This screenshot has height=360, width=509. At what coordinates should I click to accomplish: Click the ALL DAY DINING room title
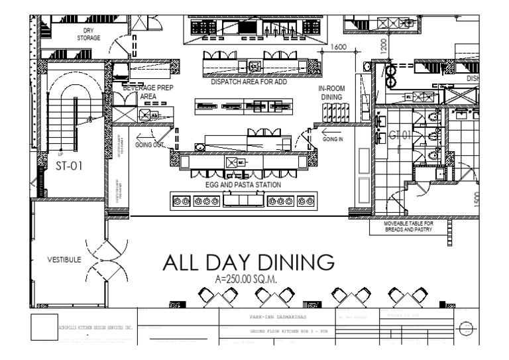point(249,263)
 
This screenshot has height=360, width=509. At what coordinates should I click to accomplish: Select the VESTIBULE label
point(64,259)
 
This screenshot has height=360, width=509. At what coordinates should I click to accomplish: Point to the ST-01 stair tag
point(69,166)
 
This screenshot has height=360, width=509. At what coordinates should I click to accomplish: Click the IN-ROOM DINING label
point(331,92)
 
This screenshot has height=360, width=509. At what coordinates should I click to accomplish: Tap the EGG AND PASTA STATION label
point(243,185)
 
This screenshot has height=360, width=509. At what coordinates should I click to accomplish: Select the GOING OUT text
point(150,145)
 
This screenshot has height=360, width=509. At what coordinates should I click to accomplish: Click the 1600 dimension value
point(339,47)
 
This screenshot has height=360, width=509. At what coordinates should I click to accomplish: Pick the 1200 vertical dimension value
point(382,45)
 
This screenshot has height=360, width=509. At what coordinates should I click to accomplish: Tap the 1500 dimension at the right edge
point(476,197)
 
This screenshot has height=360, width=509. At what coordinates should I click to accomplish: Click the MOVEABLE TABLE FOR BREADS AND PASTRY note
point(409,227)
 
